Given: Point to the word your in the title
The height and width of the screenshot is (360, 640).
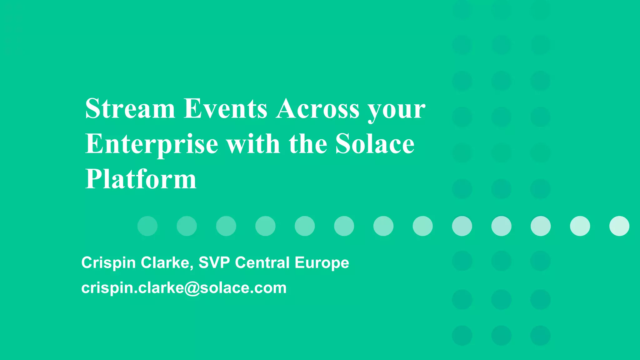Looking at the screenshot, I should click(x=396, y=110).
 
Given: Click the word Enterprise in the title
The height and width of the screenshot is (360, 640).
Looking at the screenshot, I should click(x=152, y=144).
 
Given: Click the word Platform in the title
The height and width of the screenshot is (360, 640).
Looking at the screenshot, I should click(x=141, y=179).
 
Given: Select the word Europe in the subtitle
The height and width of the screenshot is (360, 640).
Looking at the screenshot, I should click(x=322, y=263).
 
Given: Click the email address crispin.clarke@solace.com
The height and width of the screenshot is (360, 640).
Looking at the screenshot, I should click(x=184, y=287).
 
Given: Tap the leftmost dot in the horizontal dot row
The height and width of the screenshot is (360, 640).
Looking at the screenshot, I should click(x=147, y=226).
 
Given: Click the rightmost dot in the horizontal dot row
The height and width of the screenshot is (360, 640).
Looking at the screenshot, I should click(x=619, y=226).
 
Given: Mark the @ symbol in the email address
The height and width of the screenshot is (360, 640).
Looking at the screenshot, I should click(x=192, y=288).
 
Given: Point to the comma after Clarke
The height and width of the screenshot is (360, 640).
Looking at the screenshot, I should click(x=191, y=267).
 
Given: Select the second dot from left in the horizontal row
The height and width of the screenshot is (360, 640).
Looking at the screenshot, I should click(x=187, y=226).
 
